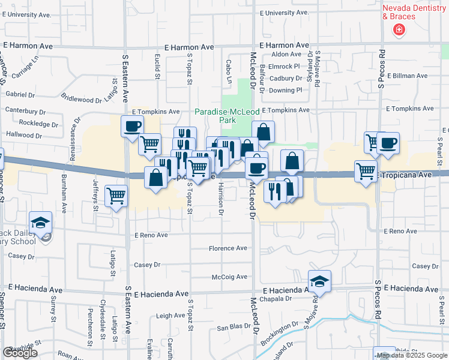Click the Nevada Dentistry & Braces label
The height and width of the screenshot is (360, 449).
pyautogui.click(x=407, y=12)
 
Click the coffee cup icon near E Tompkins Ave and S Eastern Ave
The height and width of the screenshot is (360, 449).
pyautogui.click(x=132, y=126)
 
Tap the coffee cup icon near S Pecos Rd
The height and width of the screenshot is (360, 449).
pyautogui.click(x=388, y=143)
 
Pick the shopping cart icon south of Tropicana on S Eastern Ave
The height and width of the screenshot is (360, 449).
pyautogui.click(x=116, y=194)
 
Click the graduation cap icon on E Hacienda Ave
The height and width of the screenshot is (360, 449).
pyautogui.click(x=320, y=281)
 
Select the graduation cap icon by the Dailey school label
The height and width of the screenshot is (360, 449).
pyautogui.click(x=41, y=223)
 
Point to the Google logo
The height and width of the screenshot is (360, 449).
pyautogui.click(x=20, y=353)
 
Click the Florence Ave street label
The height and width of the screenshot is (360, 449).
pyautogui.click(x=228, y=248)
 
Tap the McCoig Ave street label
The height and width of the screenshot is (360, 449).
pyautogui.click(x=229, y=277)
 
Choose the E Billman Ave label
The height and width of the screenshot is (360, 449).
pyautogui.click(x=407, y=76)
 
